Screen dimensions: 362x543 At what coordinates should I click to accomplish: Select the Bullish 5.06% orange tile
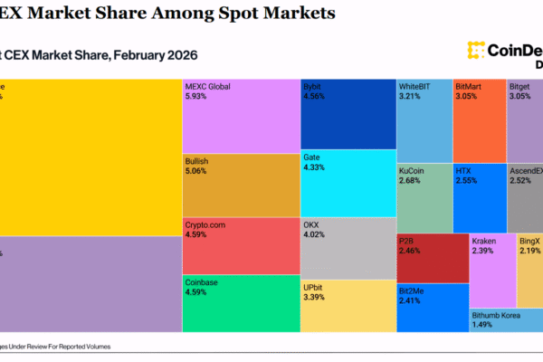[240, 186]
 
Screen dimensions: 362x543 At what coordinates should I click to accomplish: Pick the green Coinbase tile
[240, 303]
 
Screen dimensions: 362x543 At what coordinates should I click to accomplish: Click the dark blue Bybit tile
[348, 114]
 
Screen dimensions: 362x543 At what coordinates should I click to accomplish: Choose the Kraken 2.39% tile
[491, 270]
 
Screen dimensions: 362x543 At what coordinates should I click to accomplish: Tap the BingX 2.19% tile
[529, 270]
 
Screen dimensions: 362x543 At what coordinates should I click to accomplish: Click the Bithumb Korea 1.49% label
[493, 319]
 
